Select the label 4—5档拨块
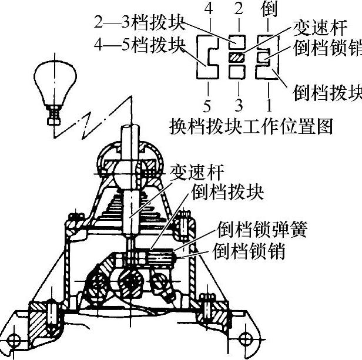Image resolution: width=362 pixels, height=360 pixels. click(139, 45)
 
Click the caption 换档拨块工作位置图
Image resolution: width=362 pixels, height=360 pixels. click(251, 125)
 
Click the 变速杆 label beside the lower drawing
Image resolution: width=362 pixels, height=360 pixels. click(195, 173)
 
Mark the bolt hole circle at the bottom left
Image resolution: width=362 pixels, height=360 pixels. click(14, 340)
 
